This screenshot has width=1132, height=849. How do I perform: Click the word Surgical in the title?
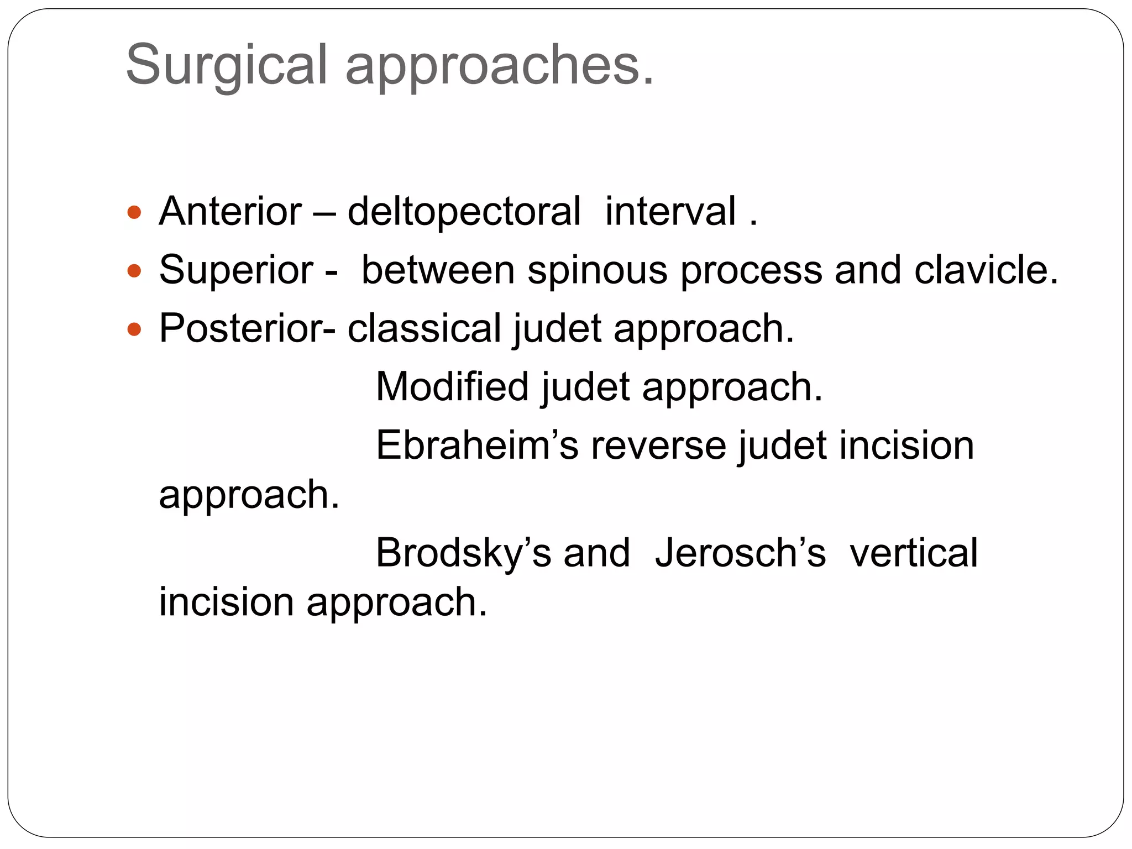tap(227, 65)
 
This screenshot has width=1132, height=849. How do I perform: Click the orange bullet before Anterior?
tap(134, 212)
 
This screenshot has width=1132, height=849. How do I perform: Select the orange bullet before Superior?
tap(134, 271)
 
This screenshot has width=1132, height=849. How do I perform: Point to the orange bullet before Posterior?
tap(134, 329)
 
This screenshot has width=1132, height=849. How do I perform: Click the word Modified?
tap(452, 386)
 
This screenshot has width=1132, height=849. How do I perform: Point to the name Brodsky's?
tap(463, 553)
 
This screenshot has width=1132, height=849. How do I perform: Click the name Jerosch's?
tap(740, 553)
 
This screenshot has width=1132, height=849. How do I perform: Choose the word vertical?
tap(914, 553)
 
